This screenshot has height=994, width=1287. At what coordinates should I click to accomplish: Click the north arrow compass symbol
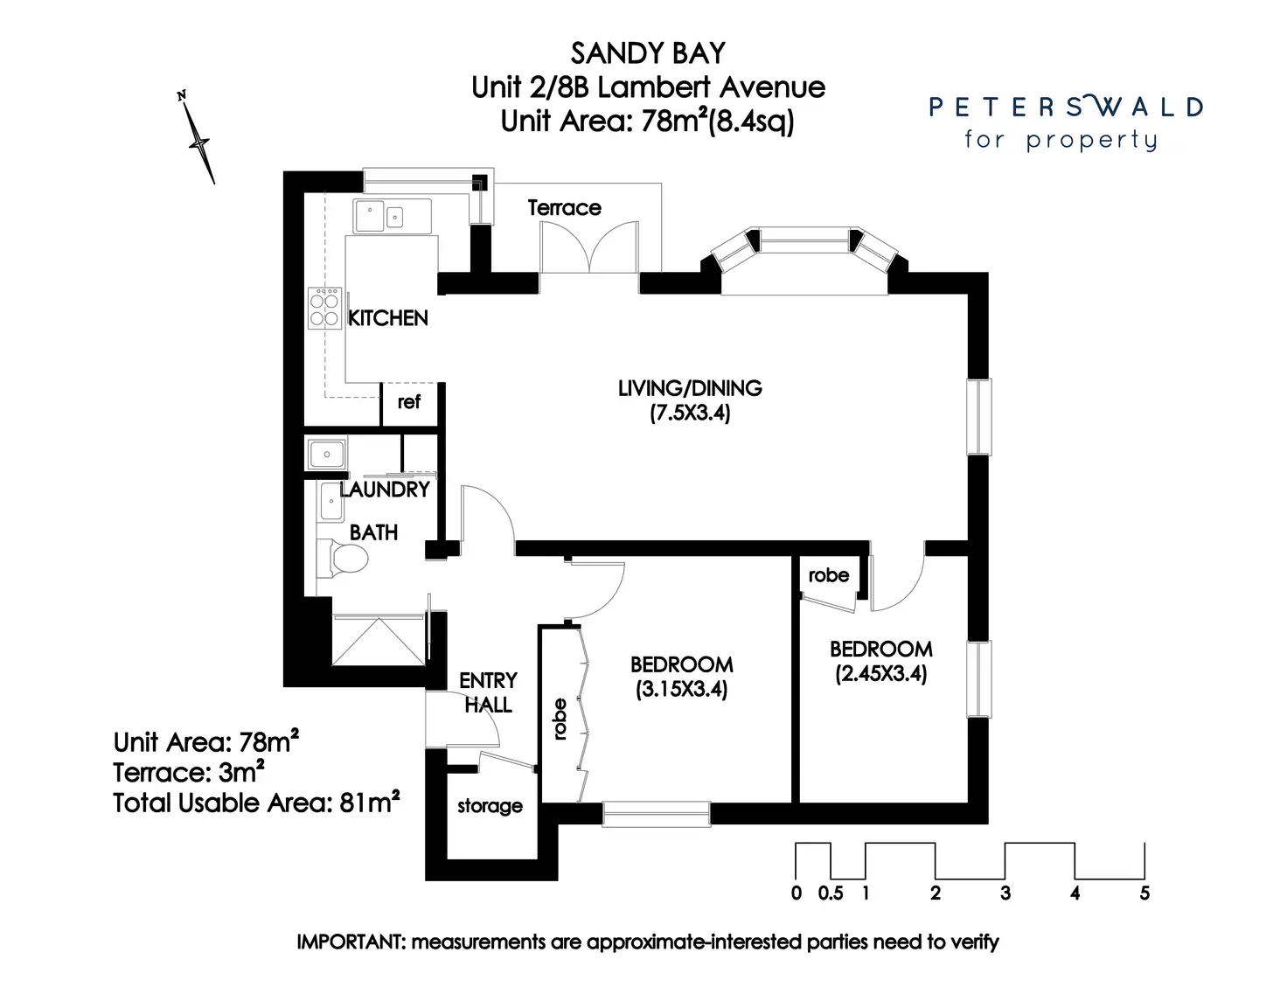(199, 140)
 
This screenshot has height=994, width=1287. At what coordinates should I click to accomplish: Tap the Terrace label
(564, 208)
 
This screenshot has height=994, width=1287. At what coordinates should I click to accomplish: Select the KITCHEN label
(388, 318)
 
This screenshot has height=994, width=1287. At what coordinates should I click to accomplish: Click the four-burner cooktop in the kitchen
(324, 309)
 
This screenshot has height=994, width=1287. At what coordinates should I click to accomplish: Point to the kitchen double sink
(392, 216)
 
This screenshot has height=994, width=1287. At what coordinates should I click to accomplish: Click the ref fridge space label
(408, 402)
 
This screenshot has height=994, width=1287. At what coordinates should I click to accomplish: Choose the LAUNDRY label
(386, 490)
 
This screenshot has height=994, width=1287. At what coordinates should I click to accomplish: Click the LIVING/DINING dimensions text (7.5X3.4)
(690, 413)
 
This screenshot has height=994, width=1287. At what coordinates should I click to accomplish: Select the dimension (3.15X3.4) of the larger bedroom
(681, 689)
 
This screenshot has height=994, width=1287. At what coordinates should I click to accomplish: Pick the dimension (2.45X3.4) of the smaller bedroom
(880, 673)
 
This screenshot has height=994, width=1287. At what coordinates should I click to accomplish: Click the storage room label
(490, 806)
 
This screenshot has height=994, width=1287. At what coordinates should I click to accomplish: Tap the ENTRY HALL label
(488, 692)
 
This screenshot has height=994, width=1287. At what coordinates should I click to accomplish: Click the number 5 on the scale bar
(1144, 893)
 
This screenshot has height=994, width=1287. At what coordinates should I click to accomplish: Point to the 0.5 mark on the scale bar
(831, 893)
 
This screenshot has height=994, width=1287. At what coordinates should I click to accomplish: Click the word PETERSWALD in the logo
(1066, 108)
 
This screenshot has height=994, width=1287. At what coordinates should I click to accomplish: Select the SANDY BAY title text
(648, 54)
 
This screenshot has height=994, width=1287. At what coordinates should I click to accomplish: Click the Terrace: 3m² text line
(188, 773)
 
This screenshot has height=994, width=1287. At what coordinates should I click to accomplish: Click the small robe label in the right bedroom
(828, 575)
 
